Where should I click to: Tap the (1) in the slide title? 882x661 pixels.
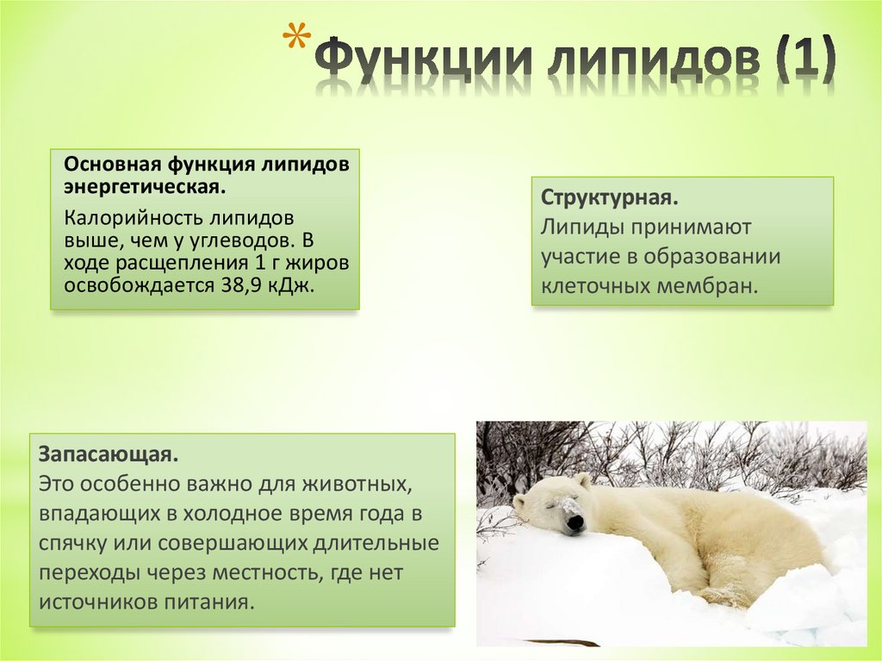click(803, 61)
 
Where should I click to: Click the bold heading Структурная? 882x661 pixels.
click(610, 197)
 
